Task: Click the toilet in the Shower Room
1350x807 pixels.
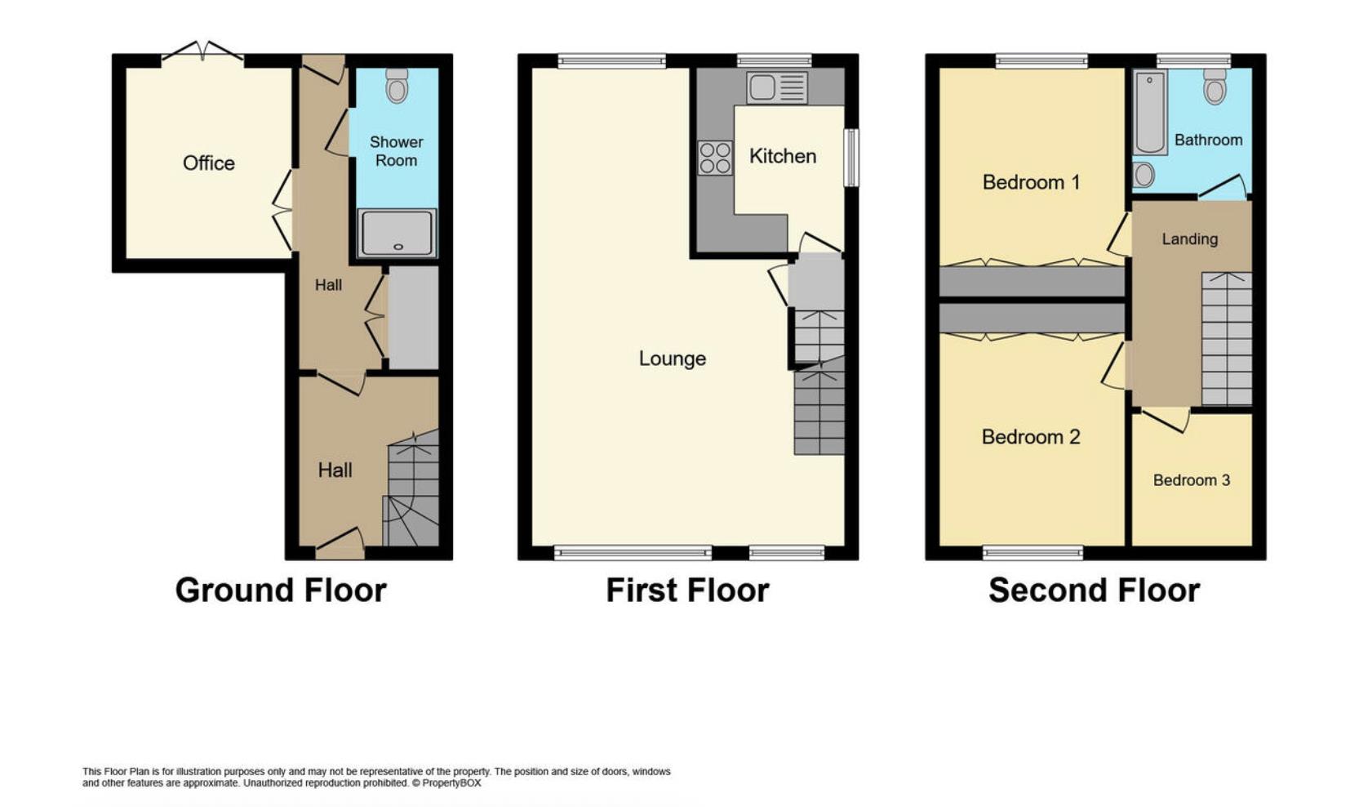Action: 397,86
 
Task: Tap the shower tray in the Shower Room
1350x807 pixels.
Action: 397,233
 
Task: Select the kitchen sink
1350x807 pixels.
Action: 776,87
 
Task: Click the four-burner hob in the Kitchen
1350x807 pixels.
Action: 715,158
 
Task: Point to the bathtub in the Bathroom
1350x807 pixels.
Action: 1150,112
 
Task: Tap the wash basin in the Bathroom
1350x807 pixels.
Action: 1144,175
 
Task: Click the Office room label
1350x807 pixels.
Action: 209,163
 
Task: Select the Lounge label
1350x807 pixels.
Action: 672,359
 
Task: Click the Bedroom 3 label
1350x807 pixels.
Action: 1191,480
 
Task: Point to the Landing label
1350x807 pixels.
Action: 1189,239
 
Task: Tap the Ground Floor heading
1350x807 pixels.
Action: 281,591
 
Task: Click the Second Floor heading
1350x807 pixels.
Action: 1094,591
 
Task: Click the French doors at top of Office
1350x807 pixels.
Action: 202,51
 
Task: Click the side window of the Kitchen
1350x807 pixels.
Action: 850,158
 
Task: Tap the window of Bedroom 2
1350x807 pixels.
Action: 1032,553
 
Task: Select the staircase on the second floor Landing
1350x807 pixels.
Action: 1226,339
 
